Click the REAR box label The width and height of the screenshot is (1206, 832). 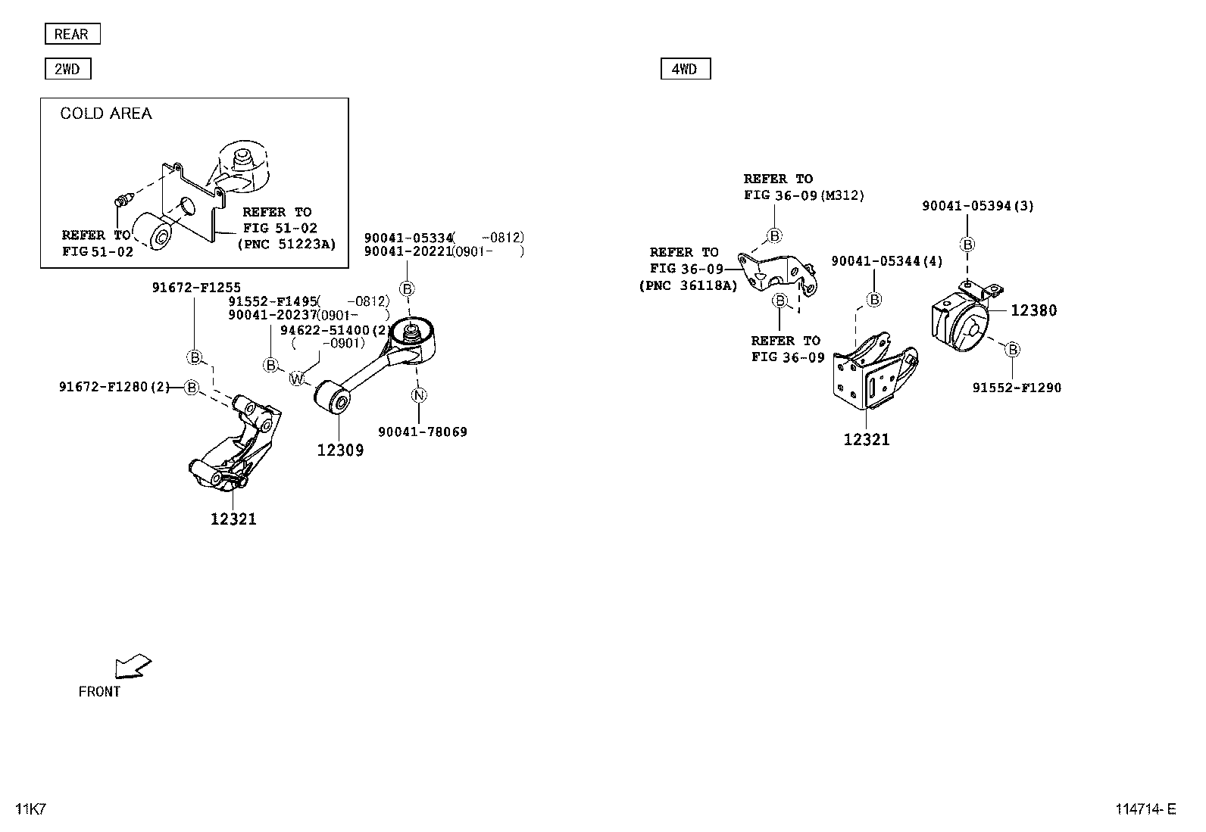[72, 34]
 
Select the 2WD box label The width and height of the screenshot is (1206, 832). [67, 70]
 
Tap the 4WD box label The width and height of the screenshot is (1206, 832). [685, 70]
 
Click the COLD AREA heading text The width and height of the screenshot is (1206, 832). [106, 114]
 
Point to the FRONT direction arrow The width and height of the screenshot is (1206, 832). [132, 666]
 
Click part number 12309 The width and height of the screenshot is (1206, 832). [340, 450]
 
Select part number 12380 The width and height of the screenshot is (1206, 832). [1033, 310]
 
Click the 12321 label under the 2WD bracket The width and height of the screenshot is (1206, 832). [233, 519]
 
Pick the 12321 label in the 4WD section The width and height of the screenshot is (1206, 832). [867, 440]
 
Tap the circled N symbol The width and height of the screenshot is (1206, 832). [419, 395]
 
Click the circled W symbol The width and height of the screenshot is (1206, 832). [296, 379]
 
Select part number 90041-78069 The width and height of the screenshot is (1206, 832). [423, 432]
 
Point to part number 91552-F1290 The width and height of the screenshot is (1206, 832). [1017, 388]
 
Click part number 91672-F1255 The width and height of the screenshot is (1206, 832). [196, 288]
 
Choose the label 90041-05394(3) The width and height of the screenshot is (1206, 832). [977, 206]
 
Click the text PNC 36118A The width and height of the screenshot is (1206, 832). [688, 285]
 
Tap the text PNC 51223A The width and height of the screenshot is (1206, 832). [286, 244]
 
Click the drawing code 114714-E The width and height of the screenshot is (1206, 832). [1145, 809]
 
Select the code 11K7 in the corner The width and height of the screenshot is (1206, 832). [31, 809]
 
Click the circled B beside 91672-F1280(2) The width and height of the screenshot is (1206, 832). [192, 388]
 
